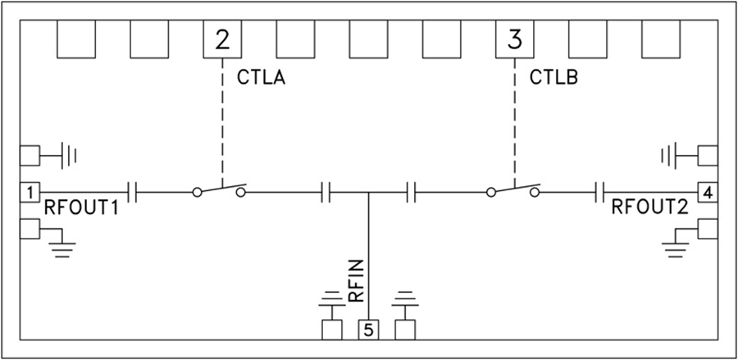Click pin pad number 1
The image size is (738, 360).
[x=29, y=193]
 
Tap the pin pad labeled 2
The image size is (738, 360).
[x=223, y=39]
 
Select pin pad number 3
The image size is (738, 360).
[x=514, y=39]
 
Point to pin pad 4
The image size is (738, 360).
[x=707, y=193]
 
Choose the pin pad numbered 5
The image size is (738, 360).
[x=368, y=330]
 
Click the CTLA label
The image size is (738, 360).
[x=266, y=79]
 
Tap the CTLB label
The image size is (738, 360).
[x=556, y=79]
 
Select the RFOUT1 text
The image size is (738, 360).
[x=81, y=208]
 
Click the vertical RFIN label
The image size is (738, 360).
[x=356, y=283]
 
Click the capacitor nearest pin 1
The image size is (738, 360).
[x=133, y=193]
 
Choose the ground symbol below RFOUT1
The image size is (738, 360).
[x=59, y=244]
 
